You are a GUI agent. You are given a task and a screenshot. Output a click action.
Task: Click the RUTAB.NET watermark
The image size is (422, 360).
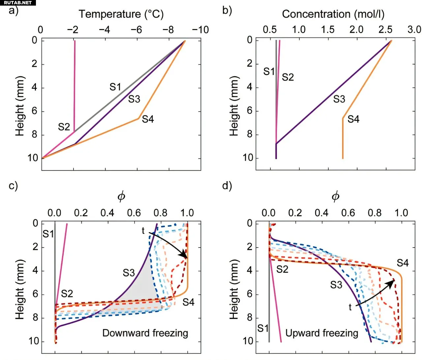coord(18,3)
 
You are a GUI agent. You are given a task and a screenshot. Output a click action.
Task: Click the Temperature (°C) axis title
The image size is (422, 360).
coord(121,14)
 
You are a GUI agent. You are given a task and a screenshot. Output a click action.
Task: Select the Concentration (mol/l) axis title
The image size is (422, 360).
coord(333,14)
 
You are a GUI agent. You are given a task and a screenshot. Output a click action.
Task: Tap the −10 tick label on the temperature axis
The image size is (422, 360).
coord(200,30)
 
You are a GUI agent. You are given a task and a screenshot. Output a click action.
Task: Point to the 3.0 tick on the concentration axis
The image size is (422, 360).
coord(414,30)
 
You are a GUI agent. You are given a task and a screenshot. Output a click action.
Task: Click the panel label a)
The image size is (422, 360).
coord(14,11)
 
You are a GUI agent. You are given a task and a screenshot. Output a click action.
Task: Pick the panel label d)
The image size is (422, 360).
coord(227,186)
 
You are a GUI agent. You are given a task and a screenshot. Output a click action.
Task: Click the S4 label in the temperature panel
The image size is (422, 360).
coord(148,119)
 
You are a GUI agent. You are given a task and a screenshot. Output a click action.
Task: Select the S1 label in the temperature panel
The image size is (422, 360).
coord(115,87)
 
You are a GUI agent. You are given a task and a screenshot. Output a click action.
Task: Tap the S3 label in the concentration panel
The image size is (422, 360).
coord(339,99)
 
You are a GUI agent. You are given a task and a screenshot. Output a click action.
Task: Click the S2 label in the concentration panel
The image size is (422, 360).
coord(287,77)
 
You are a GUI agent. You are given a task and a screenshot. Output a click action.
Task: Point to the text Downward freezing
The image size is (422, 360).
coord(145,333)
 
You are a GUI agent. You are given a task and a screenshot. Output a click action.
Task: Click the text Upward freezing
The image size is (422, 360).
coord(321,333)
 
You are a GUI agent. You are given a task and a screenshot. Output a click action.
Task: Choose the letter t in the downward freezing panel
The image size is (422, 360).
coord(143,231)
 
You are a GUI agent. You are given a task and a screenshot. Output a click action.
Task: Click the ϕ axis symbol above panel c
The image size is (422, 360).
coord(121,197)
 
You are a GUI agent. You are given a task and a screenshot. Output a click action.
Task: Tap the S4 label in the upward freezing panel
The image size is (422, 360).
coord(403,263)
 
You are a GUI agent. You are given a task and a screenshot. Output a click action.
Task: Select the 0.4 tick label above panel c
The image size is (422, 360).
coord(107,213)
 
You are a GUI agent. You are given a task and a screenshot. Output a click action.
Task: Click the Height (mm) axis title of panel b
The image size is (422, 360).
coord(234,106)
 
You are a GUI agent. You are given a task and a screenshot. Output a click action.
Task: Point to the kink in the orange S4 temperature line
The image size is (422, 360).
coord(138,118)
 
